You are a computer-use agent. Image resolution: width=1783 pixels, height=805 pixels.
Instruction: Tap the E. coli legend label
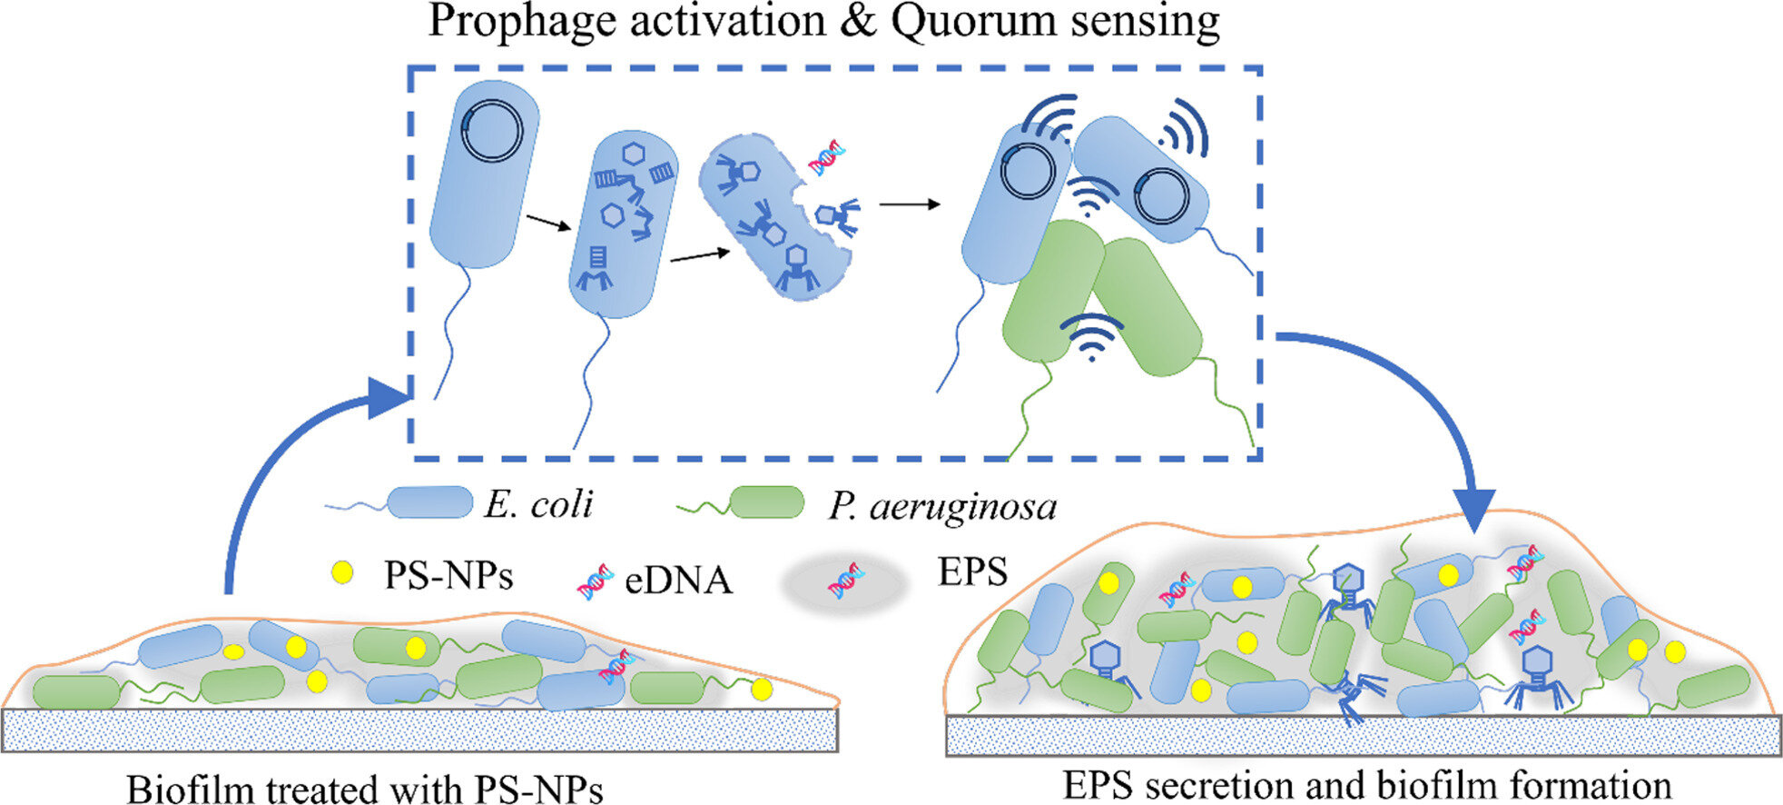point(538,504)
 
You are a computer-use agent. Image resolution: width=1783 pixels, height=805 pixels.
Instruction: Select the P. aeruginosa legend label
point(942,506)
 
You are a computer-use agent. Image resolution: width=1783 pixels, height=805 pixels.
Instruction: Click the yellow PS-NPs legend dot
point(342,572)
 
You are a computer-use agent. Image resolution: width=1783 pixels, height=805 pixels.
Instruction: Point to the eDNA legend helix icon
point(595,581)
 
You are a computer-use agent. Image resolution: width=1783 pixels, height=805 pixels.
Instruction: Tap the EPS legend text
point(972,572)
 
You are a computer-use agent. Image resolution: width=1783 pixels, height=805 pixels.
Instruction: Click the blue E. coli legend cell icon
point(429,502)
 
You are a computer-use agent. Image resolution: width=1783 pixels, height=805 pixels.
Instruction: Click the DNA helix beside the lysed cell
point(827,158)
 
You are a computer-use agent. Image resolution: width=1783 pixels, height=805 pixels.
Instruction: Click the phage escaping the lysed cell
point(835,216)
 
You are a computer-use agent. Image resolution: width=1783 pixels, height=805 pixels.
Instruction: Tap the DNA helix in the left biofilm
point(615,666)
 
